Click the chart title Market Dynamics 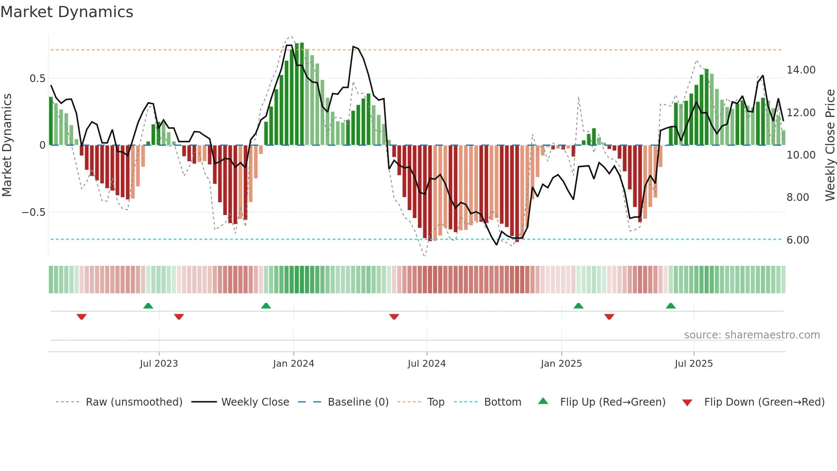[67, 12]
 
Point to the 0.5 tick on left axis [37, 79]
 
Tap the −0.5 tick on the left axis [33, 212]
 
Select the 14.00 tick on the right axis [801, 70]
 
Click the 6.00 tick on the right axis [797, 240]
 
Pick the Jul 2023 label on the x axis [158, 364]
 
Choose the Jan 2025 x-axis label [561, 364]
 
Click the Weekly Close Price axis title [830, 145]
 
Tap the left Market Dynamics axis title [7, 145]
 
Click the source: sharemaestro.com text [752, 335]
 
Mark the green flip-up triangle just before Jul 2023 [148, 306]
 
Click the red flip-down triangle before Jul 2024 [394, 317]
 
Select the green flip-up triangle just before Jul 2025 [670, 306]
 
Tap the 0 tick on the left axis [42, 145]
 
